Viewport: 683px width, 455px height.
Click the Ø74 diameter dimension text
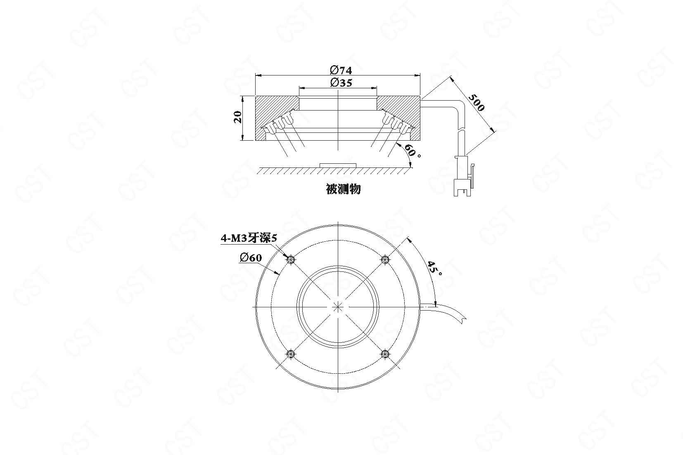click(341, 71)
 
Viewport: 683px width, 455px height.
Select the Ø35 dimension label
click(341, 83)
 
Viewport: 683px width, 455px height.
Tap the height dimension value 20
click(237, 117)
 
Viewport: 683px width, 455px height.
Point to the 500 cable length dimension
click(476, 102)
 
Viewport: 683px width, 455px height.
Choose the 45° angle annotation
click(435, 268)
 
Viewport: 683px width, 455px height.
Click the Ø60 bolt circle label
click(251, 258)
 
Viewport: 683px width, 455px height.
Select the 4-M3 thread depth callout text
click(249, 238)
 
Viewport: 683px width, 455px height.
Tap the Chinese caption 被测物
click(343, 189)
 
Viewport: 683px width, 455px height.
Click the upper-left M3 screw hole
click(291, 260)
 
